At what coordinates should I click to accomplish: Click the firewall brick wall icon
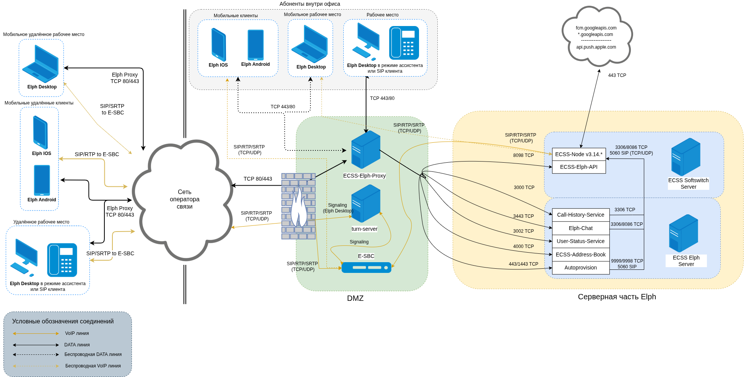(298, 206)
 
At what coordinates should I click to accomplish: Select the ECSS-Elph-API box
(578, 167)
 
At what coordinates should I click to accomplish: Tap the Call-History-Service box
(580, 215)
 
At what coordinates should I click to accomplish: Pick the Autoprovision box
(580, 268)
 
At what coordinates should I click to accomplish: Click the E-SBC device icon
(366, 267)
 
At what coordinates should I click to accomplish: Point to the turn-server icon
(366, 204)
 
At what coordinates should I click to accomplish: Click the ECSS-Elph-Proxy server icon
(366, 150)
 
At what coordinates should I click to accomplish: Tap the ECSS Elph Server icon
(683, 233)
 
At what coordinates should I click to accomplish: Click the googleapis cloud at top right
(596, 37)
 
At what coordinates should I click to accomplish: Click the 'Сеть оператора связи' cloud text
(185, 199)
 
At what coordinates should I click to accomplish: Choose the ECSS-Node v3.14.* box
(578, 154)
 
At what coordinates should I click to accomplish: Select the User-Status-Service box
(580, 241)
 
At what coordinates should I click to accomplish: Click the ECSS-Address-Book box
(580, 255)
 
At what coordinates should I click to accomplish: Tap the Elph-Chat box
(580, 228)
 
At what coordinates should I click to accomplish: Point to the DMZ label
(355, 298)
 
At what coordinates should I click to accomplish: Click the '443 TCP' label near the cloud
(617, 75)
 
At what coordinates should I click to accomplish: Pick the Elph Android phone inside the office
(255, 45)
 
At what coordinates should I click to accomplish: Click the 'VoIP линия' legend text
(77, 333)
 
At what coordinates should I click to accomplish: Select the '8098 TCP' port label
(523, 155)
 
